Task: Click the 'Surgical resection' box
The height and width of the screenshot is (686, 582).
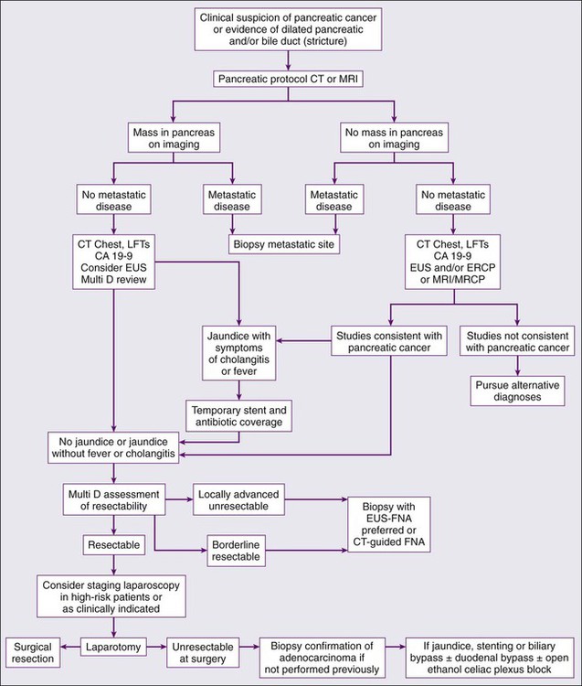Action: click(32, 650)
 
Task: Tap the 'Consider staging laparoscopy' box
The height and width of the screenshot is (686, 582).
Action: click(112, 595)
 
